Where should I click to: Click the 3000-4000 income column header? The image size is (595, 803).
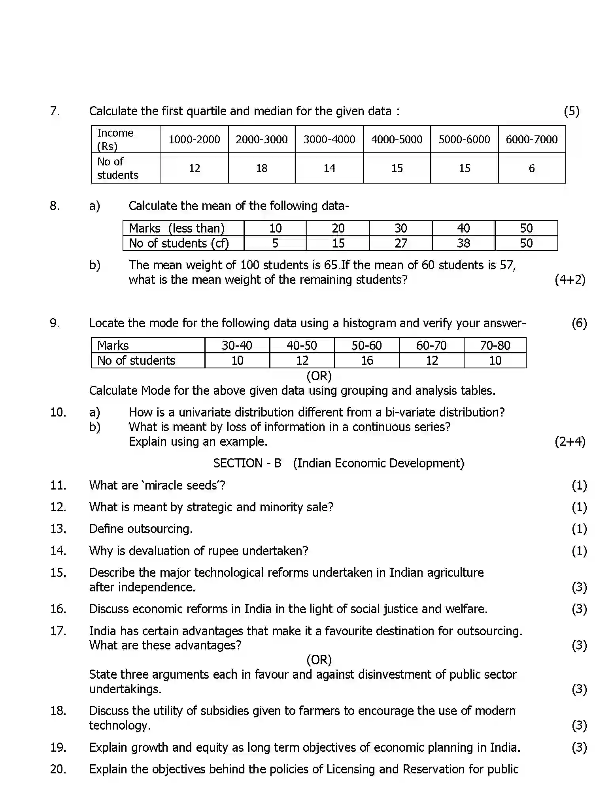(x=329, y=139)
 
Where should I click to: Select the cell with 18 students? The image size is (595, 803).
(x=262, y=169)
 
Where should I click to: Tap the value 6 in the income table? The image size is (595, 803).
(x=531, y=169)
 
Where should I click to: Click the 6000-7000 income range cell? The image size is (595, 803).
(x=531, y=139)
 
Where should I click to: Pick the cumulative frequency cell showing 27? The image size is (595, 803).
(x=400, y=243)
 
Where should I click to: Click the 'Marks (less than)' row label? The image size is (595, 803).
(x=177, y=228)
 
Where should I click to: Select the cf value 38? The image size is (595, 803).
(x=463, y=243)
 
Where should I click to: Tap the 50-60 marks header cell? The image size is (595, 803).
(x=366, y=345)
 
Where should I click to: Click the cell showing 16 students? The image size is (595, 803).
(x=367, y=360)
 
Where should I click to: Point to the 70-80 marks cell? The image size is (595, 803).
(x=495, y=345)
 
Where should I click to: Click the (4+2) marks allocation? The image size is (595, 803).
(x=570, y=280)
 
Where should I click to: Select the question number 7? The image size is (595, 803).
(x=55, y=111)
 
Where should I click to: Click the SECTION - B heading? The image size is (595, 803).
(x=247, y=463)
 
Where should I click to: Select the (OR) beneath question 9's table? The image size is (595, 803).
(x=319, y=376)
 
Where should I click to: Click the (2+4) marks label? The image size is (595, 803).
(x=570, y=441)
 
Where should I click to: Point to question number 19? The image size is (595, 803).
(x=58, y=747)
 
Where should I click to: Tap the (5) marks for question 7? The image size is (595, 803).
(x=571, y=111)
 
